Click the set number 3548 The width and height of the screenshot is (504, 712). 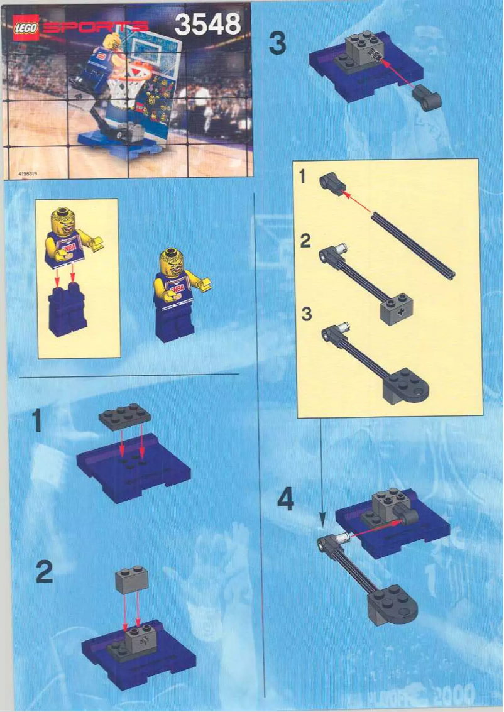[x=207, y=25]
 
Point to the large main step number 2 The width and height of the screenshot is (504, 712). [x=44, y=572]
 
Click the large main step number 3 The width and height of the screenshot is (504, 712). [x=277, y=45]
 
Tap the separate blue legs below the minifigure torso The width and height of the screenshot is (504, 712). [x=68, y=309]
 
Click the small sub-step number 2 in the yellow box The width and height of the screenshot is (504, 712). [x=305, y=241]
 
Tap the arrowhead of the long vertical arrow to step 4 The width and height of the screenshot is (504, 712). [x=322, y=521]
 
